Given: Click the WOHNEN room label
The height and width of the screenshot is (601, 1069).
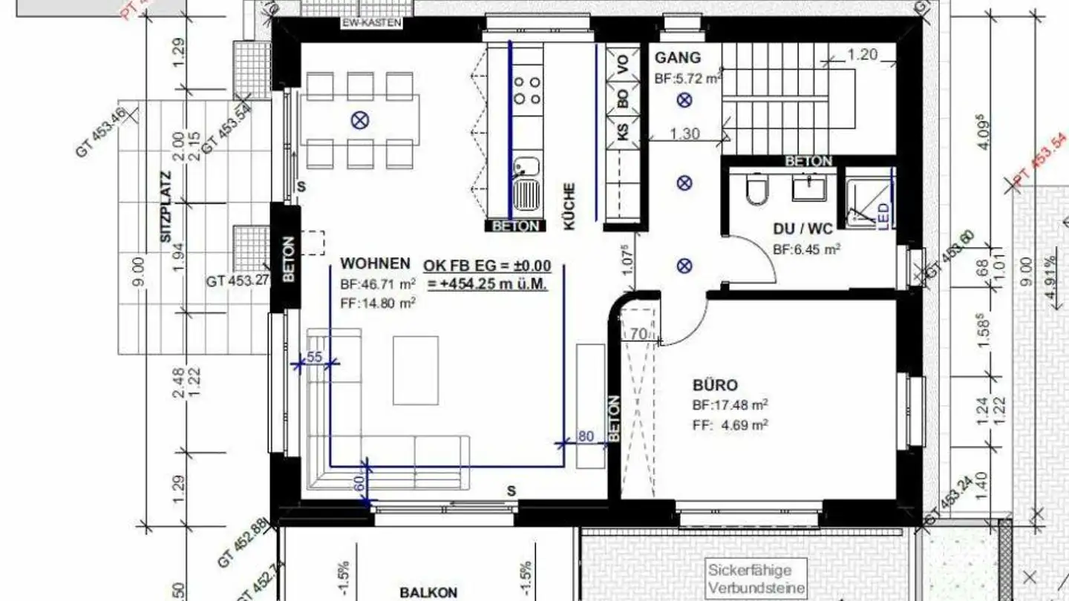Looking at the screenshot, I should point(375,263).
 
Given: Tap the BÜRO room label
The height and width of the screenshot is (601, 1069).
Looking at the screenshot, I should point(715,385).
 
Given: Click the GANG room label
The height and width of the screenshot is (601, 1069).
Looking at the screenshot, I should point(677,58).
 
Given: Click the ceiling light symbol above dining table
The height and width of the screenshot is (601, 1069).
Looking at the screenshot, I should point(361,119).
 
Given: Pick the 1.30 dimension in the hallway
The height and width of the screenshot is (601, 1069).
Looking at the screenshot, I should point(684,134).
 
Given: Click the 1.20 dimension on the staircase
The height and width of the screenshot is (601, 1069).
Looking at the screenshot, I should point(862,54).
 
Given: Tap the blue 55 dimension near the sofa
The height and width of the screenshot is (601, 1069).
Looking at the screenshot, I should point(314,357).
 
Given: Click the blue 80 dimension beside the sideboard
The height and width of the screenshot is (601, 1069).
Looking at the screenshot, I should point(586,436).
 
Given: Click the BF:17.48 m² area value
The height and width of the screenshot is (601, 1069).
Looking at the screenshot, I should point(730,405).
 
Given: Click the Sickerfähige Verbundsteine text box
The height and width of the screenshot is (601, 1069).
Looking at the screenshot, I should point(756,579).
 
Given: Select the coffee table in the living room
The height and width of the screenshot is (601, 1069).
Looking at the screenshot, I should point(415,370).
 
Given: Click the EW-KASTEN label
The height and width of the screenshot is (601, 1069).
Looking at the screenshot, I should point(371,23).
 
